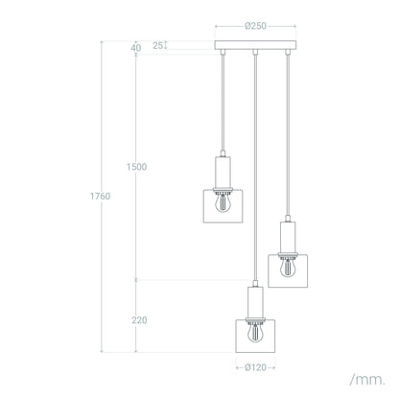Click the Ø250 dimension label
tap(255, 26)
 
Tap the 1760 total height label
tap(100, 196)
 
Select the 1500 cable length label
tap(136, 167)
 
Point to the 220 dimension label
tap(139, 320)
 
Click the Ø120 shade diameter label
tap(255, 367)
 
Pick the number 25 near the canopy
tap(157, 45)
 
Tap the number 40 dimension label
tap(136, 48)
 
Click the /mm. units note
tap(367, 380)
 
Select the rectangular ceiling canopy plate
tap(255, 45)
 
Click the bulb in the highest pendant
tap(223, 202)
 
